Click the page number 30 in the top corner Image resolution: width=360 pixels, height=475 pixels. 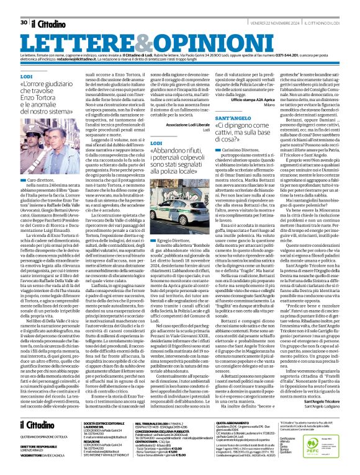(x=23, y=5)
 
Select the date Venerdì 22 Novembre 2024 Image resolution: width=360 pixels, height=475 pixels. (x=272, y=5)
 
